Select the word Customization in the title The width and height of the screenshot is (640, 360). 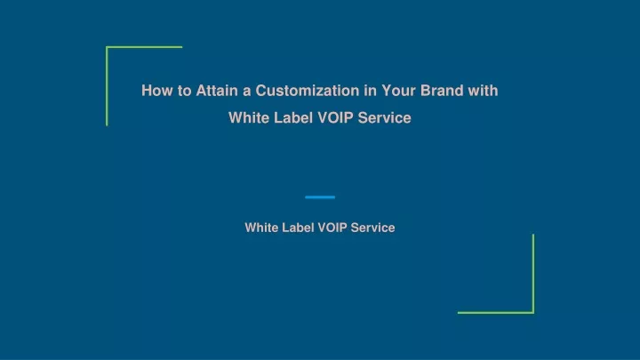coord(308,91)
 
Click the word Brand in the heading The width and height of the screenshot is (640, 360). coord(442,91)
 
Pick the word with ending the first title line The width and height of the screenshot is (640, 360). coord(483,91)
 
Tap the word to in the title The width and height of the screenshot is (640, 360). coord(185,91)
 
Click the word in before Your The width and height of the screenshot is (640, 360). coord(370,91)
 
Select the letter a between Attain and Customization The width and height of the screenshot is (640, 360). coord(246,92)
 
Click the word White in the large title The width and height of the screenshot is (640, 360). coord(249,118)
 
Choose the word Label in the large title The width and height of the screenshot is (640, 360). coord(292,118)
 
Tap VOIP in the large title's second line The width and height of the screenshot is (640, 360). coord(335,118)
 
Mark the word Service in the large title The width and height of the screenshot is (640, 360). coord(384,118)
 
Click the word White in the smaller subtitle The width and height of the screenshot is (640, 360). coord(261,228)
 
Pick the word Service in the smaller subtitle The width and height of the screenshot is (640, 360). coord(372,228)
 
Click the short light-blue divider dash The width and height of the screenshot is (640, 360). coord(320,197)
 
